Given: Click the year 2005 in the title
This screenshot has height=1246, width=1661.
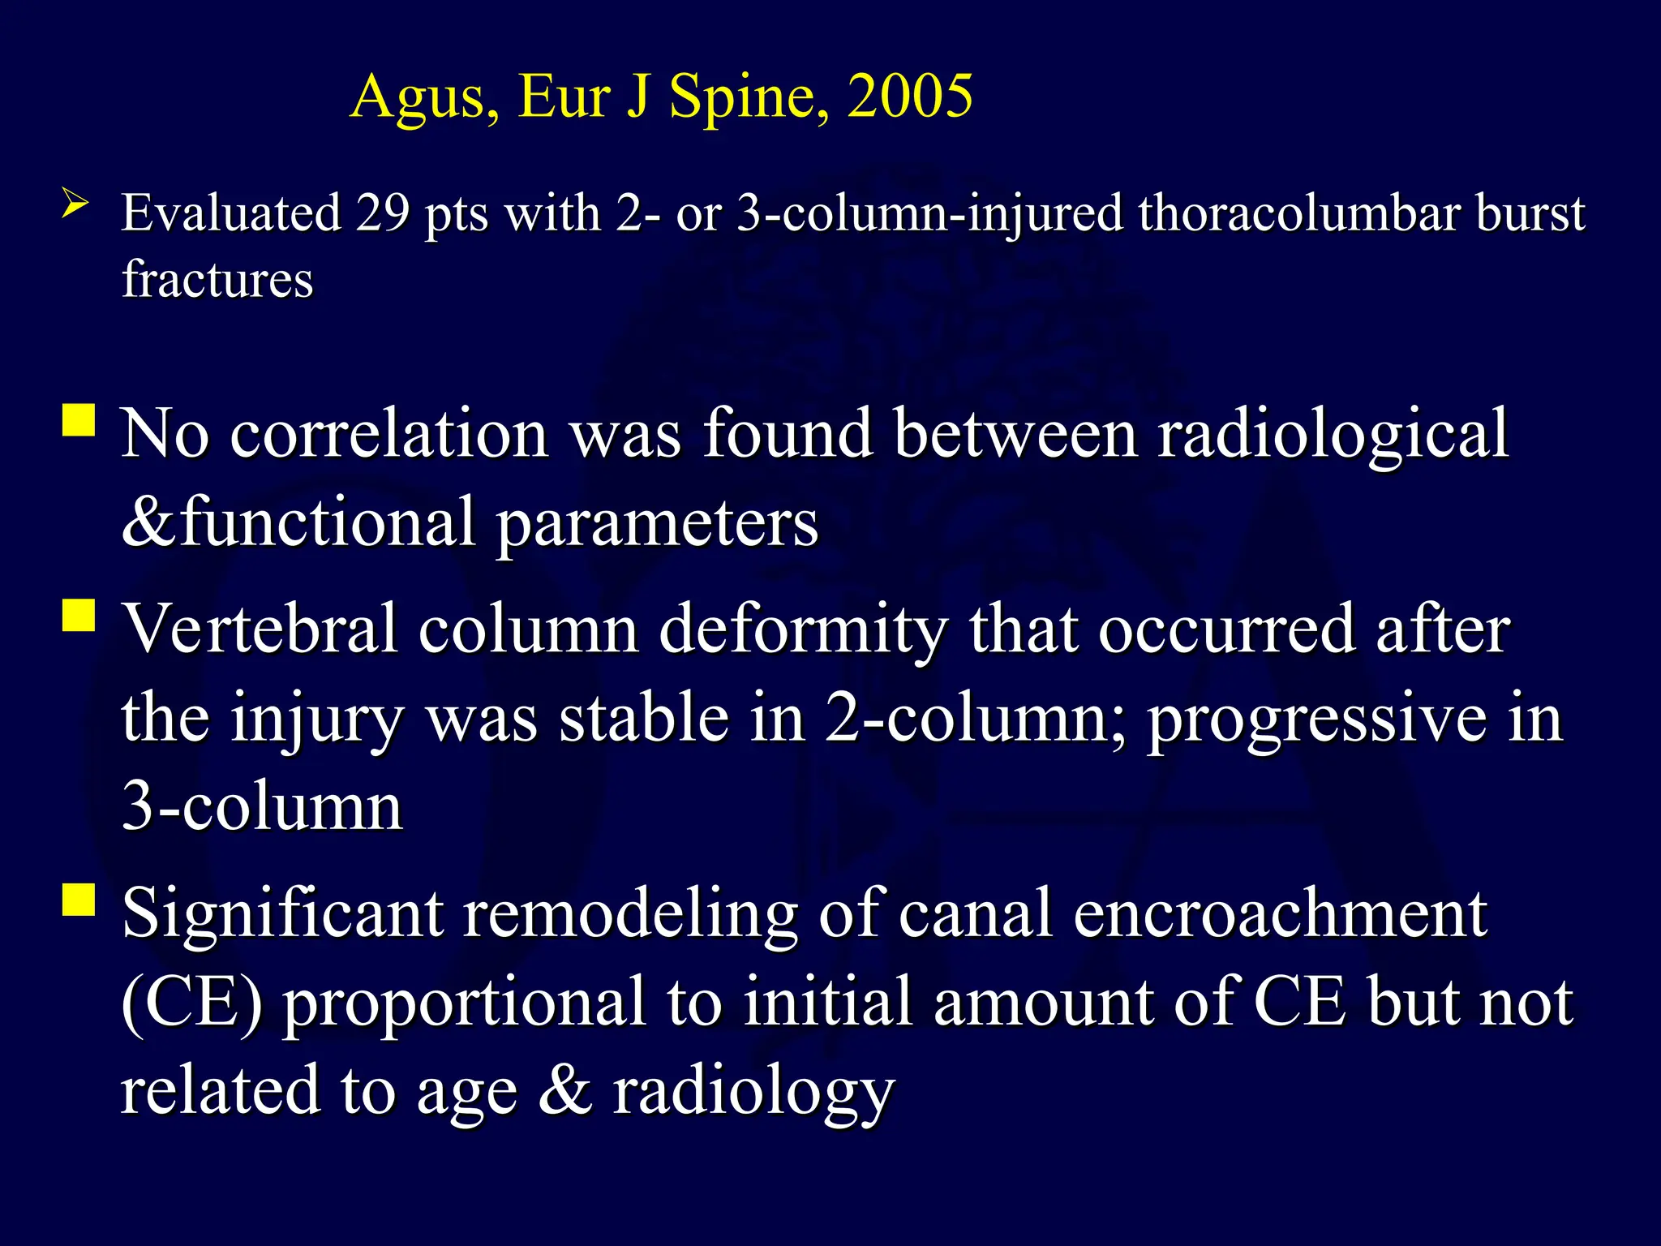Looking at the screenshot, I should click(x=909, y=97).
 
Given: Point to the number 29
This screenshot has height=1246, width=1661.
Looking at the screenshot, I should click(x=382, y=213).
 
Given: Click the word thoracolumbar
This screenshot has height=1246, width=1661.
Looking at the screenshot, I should click(x=1298, y=213).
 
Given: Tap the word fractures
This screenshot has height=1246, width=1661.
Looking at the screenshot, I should click(x=217, y=279).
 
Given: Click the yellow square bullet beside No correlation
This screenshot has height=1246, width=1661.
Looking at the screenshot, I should click(x=79, y=421).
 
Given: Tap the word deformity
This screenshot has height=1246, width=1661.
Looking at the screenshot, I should click(x=803, y=631).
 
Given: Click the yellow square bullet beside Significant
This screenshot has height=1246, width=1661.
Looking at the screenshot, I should click(x=79, y=900).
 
